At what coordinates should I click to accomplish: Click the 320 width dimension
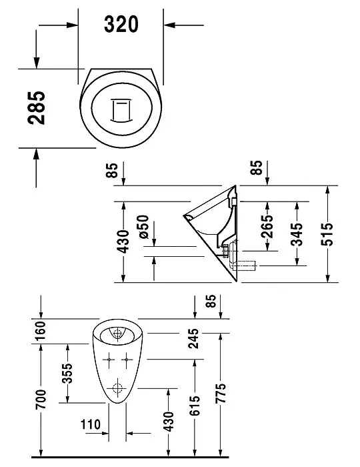pos(121,24)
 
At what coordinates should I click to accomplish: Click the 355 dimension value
pos(67,372)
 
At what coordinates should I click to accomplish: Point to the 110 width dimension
pos(91,424)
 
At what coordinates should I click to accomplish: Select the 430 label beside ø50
pos(123,244)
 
